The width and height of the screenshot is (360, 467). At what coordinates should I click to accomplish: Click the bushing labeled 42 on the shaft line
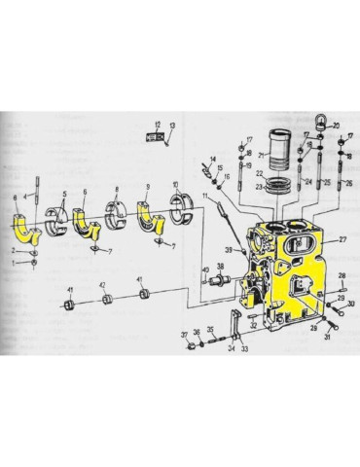tap(110, 297)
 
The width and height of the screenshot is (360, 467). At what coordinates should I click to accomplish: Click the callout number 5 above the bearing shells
tap(62, 191)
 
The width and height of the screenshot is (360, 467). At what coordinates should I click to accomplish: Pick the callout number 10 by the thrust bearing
tap(175, 185)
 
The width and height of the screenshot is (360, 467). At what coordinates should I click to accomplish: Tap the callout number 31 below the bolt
tap(326, 339)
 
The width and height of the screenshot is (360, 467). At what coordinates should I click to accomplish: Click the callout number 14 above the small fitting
tap(211, 159)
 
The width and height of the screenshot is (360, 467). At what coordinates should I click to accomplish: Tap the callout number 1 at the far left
tap(15, 263)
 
